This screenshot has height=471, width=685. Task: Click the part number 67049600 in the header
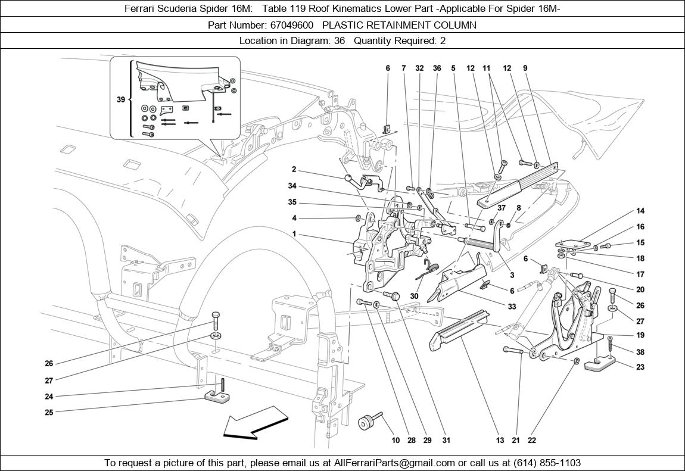pos(291,25)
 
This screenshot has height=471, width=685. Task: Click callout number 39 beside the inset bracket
pos(121,99)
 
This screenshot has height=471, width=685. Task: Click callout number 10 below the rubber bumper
pos(396,441)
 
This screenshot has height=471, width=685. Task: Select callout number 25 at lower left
pos(49,412)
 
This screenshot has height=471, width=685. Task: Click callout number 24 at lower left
pos(49,397)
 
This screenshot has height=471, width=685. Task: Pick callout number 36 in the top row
pos(437,68)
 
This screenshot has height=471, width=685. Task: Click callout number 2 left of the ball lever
pos(294,169)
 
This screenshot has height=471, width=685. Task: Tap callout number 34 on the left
pos(292,186)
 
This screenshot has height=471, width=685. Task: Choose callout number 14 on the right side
pos(640,211)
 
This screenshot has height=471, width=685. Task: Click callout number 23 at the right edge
pos(640,367)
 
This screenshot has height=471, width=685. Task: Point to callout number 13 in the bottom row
pos(500,441)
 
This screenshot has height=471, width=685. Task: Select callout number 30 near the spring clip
pos(414,296)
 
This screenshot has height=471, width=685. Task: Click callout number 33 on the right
pos(512,307)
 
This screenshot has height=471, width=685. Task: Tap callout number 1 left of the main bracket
pos(294,234)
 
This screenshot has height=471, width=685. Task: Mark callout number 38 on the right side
pos(640,352)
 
